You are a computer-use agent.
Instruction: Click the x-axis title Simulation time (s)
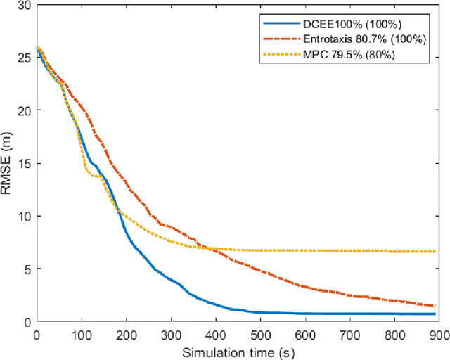pyautogui.click(x=236, y=351)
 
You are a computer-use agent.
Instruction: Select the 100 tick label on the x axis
pyautogui.click(x=82, y=333)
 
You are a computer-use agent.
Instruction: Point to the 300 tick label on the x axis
pyautogui.click(x=171, y=333)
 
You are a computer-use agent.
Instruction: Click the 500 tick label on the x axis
pyautogui.click(x=261, y=333)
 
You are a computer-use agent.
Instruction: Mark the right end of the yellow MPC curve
pyautogui.click(x=435, y=251)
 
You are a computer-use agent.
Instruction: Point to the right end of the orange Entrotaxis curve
pyautogui.click(x=435, y=306)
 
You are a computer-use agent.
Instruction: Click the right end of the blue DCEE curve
pyautogui.click(x=435, y=314)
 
